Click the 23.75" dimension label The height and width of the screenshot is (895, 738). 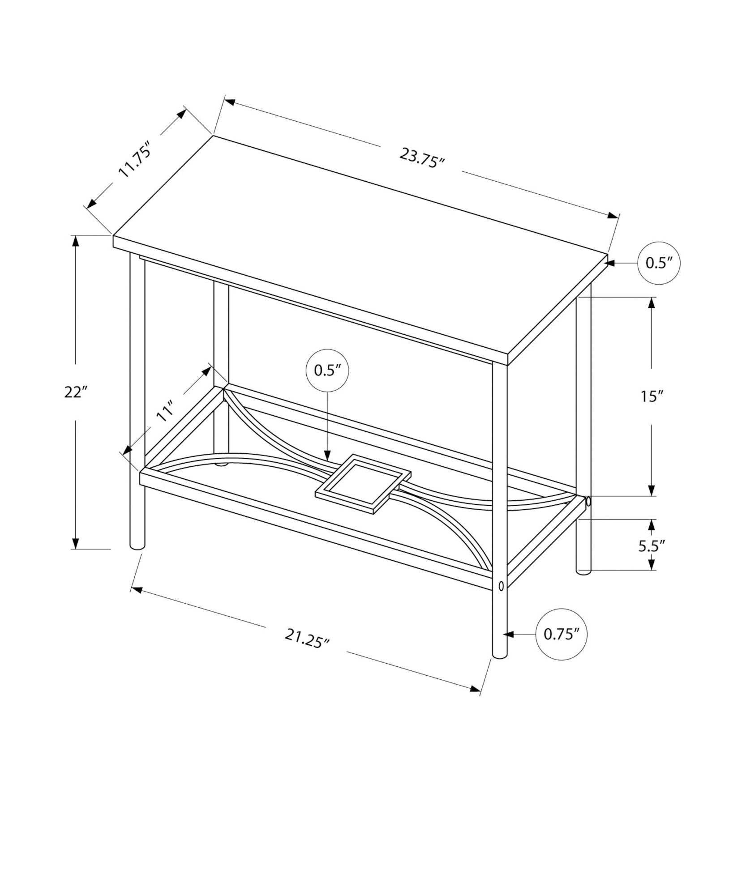click(421, 158)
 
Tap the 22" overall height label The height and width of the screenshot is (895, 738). click(75, 392)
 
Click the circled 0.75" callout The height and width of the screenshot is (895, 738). click(561, 634)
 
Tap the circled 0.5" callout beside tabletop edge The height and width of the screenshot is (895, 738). click(659, 263)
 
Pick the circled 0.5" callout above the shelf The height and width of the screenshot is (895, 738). click(327, 370)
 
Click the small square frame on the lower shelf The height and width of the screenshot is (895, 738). click(363, 485)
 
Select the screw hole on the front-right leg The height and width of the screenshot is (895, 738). click(501, 585)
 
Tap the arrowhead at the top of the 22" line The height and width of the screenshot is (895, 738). click(76, 241)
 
